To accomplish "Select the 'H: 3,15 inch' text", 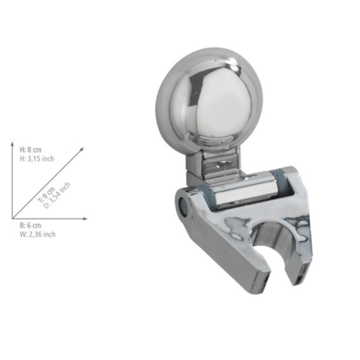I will (x=36, y=159).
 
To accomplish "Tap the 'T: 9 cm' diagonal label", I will (x=46, y=195).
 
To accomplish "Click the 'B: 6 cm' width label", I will (x=30, y=226).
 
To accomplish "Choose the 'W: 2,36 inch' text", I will (x=37, y=234).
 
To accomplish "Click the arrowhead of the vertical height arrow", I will (x=13, y=144).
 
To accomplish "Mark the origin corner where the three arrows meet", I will (x=13, y=218).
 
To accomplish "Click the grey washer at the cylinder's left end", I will (x=206, y=194).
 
